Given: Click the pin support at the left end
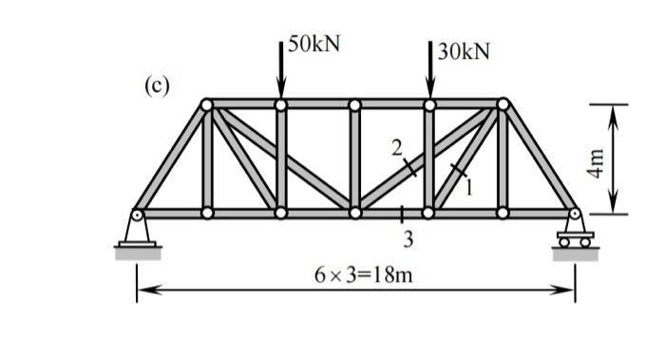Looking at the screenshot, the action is pyautogui.click(x=138, y=232).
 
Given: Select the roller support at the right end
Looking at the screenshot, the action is pyautogui.click(x=575, y=232).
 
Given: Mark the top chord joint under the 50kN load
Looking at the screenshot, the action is pyautogui.click(x=280, y=104).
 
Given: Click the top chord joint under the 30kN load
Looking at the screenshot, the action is pyautogui.click(x=429, y=104).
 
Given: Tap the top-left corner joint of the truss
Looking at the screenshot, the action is pyautogui.click(x=207, y=104).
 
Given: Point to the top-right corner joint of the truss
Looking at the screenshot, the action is pyautogui.click(x=503, y=104).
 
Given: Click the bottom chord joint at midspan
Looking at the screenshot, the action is pyautogui.click(x=355, y=213).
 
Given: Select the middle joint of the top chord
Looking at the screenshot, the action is pyautogui.click(x=354, y=104).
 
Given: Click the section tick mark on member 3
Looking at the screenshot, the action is pyautogui.click(x=402, y=213).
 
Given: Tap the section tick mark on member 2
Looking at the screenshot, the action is pyautogui.click(x=409, y=168).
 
